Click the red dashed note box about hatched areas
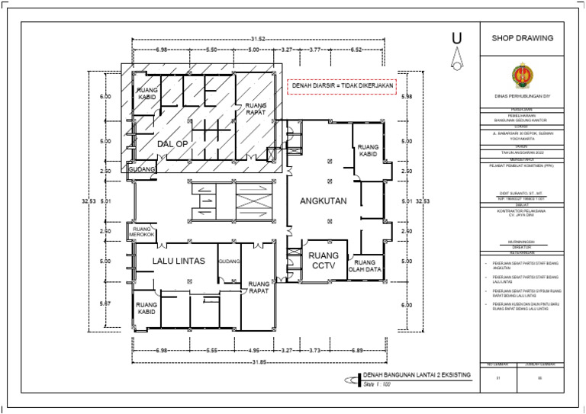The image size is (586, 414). click(342, 86)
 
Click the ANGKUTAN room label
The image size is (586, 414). click(323, 202)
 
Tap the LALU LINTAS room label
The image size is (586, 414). click(179, 262)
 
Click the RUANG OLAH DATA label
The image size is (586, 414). click(365, 265)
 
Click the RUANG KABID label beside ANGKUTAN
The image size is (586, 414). click(369, 149)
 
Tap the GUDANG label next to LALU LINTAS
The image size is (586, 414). click(229, 262)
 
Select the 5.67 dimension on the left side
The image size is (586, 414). click(106, 303)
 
